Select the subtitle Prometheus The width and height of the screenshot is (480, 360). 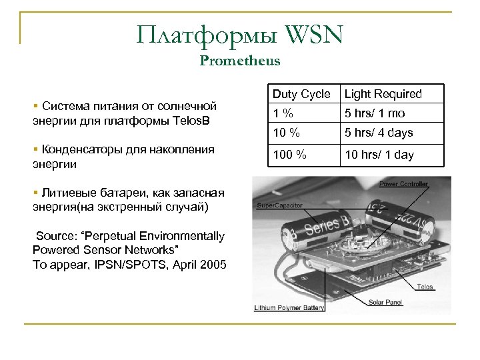click(240, 61)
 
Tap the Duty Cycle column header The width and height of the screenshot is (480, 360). click(301, 94)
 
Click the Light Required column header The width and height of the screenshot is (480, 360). click(383, 94)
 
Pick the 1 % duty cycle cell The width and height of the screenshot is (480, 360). click(287, 113)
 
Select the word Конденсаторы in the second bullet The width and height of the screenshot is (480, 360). click(77, 149)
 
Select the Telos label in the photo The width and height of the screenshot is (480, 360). click(425, 287)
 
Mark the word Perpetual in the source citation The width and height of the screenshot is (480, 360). click(111, 235)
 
